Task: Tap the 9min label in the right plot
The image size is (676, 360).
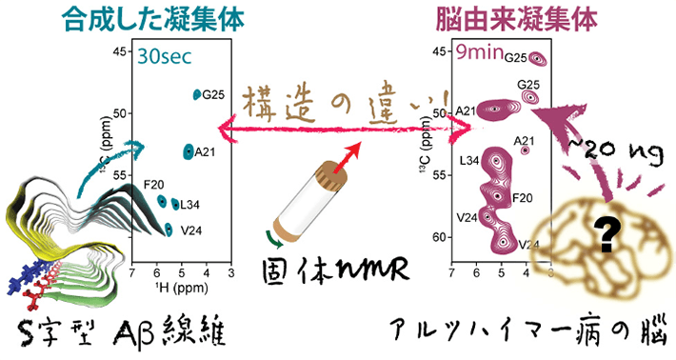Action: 478,52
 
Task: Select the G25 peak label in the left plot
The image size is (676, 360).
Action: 213,94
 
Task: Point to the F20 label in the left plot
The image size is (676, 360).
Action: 153,184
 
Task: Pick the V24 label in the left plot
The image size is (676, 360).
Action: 191,229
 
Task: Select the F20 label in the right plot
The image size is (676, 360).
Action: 522,198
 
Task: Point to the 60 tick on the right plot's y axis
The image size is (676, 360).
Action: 440,236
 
